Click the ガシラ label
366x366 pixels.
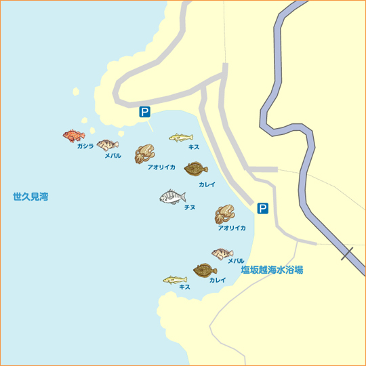coord(85,146)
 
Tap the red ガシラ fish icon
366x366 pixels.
coord(73,136)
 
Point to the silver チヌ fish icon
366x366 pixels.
coord(172,197)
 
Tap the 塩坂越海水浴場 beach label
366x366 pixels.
coord(272,270)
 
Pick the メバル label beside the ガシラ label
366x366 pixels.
coord(113,156)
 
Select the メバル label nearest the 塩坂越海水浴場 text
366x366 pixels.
coord(236,261)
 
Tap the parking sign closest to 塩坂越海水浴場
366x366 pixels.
coord(262,209)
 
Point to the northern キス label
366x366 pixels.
coord(194,146)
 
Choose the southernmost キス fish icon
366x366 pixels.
coord(174,279)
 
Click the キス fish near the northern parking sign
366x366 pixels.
coord(180,138)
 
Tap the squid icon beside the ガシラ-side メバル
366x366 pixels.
coord(144,153)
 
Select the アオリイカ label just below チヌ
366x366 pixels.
coord(232,228)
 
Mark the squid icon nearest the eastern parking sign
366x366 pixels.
coord(224,214)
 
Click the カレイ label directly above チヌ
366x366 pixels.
coord(207,184)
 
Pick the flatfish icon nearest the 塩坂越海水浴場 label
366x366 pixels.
coord(204,270)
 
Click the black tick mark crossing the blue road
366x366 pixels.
coord(348,255)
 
